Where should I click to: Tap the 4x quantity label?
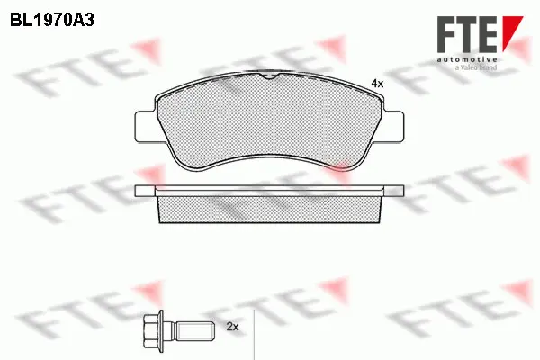click(x=377, y=84)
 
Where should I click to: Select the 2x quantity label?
click(x=232, y=327)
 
